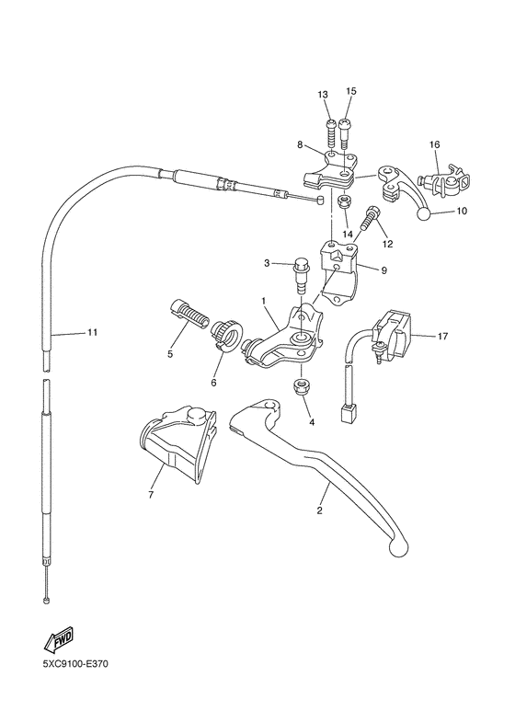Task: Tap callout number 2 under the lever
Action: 320,510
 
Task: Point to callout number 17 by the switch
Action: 442,336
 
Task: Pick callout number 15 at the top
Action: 350,92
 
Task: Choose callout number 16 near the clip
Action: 434,144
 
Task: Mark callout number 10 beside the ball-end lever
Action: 462,211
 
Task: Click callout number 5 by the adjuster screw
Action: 170,352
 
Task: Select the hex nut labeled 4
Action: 300,386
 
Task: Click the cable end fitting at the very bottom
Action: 45,600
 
